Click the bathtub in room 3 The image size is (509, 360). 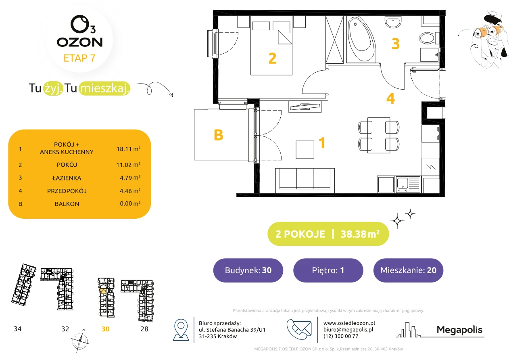tap(361, 39)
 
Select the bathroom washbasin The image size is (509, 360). tap(393, 22)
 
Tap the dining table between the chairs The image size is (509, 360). tap(379, 135)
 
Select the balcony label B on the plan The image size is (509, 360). tap(219, 135)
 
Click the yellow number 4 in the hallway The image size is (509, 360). tap(390, 98)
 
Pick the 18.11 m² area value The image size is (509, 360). tap(128, 149)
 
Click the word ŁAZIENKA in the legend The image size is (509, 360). tap(67, 178)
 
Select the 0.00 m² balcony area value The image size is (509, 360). tap(130, 203)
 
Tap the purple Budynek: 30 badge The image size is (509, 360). tap(248, 270)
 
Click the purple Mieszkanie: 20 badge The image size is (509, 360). tap(408, 270)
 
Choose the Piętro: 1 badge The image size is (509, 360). tap(328, 270)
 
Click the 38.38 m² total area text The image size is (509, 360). tap(360, 234)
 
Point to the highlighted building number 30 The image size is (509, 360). tap(105, 329)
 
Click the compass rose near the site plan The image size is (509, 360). tap(80, 341)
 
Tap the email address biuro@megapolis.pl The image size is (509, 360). tap(348, 329)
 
